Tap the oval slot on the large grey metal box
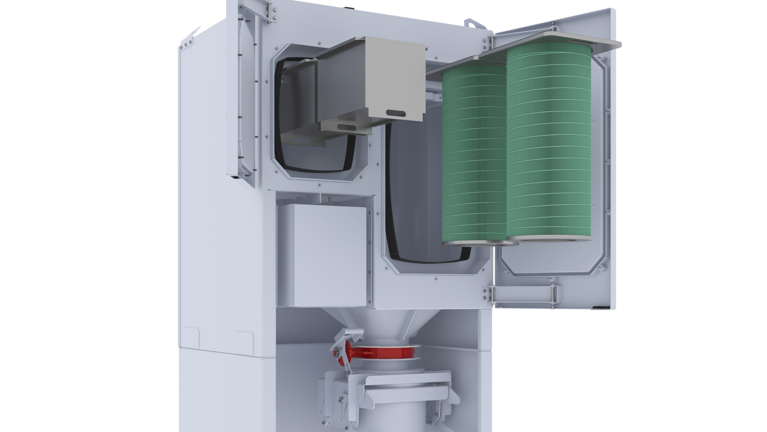point(396,114)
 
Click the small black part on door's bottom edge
point(599,307)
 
